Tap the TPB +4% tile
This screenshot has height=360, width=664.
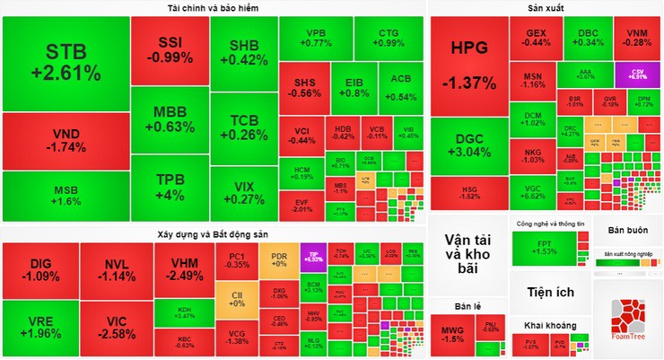169,187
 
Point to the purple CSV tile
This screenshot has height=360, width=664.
638,74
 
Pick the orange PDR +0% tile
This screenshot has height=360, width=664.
279,259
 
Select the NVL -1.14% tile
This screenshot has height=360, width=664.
117,268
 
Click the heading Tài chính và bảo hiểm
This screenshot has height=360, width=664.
213,7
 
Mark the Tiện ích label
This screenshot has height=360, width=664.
551,292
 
